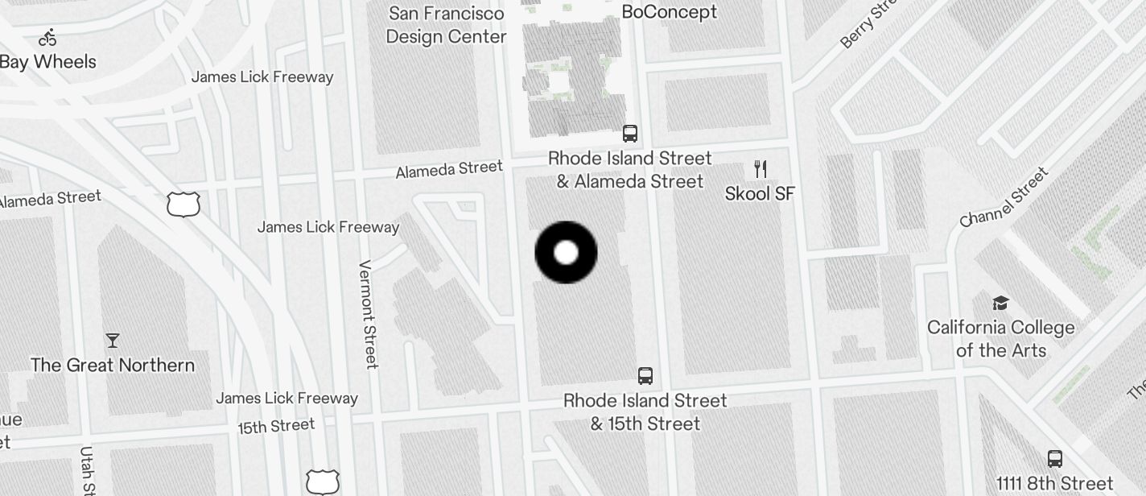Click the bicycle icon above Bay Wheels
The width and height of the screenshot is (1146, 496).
coord(47,37)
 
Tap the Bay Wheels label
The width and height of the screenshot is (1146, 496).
coord(48,62)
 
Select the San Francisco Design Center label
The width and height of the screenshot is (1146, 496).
coord(446,25)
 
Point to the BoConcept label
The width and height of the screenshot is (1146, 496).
coord(669,12)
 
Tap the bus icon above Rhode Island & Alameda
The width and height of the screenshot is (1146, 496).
coord(630,134)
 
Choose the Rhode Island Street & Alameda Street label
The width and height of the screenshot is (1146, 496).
coord(630,170)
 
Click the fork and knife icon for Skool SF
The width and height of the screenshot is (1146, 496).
coord(761,168)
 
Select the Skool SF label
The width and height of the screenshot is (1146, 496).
coord(760,193)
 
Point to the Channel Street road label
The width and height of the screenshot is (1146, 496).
coord(1004,197)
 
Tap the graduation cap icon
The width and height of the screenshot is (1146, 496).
coord(1000,303)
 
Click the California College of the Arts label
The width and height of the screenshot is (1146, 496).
coord(1000,339)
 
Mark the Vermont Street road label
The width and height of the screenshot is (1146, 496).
coord(368,314)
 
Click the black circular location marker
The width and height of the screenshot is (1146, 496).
coord(566,253)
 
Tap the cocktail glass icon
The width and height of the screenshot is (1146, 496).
coord(113,341)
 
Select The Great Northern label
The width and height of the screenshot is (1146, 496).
coord(113,366)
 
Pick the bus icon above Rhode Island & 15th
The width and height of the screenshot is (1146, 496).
coord(645,375)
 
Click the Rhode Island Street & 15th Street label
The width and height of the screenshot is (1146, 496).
coord(645,412)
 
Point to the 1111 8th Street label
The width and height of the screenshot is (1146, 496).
coord(1054,484)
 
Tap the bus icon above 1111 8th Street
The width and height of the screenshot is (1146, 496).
coord(1055,459)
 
